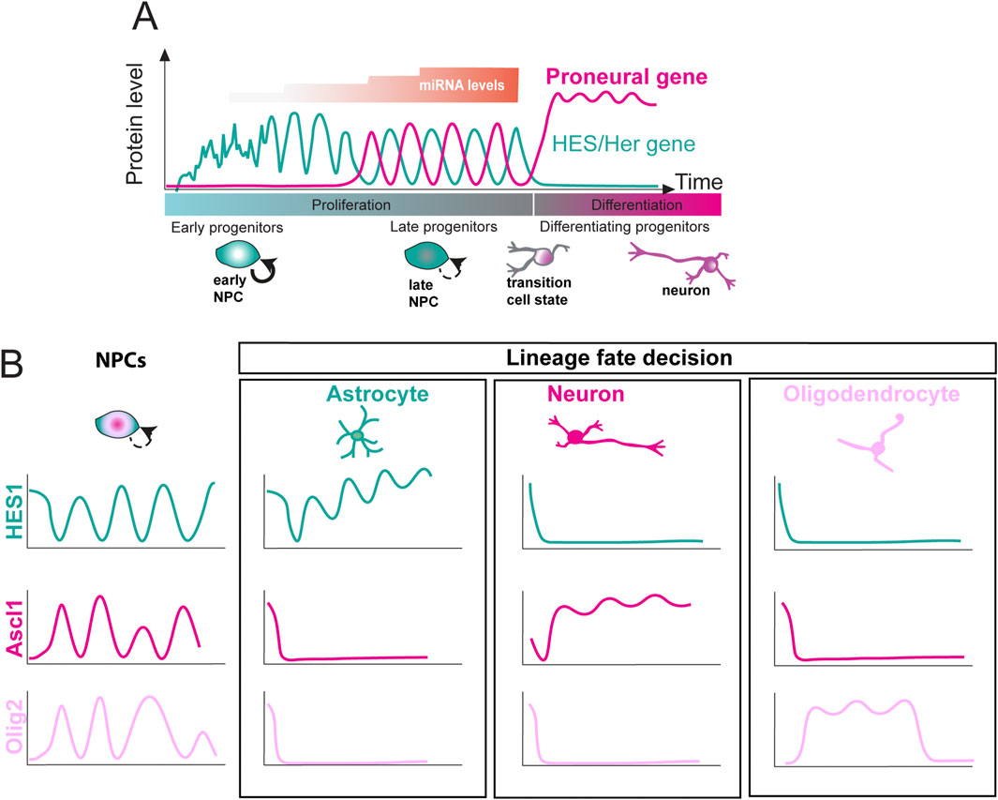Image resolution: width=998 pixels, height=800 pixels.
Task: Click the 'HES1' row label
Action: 13,512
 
